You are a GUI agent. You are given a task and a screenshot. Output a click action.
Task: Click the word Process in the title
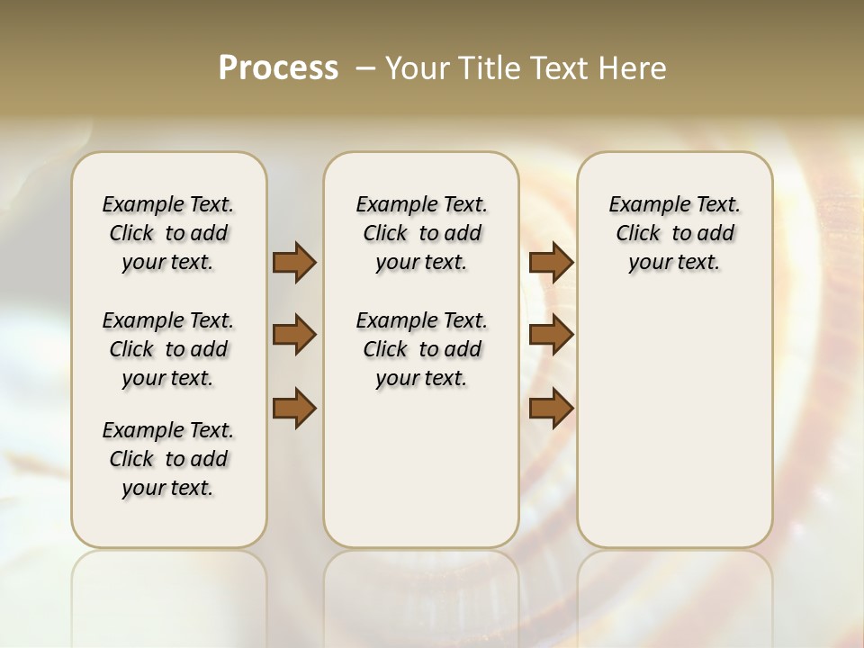(278, 68)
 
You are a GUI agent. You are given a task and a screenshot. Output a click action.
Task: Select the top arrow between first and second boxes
(294, 262)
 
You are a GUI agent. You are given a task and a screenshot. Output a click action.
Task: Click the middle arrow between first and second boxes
(294, 335)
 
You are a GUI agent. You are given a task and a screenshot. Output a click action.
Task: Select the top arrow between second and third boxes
(551, 262)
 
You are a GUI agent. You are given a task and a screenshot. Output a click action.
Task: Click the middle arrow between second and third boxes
(551, 335)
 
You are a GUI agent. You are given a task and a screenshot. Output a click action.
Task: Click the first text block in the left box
(168, 233)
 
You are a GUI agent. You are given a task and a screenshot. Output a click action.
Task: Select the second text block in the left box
(168, 349)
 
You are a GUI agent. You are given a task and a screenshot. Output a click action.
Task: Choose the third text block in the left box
(168, 459)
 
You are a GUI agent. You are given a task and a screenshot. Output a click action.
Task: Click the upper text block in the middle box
(421, 233)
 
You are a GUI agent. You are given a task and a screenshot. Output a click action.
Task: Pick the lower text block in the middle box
(421, 349)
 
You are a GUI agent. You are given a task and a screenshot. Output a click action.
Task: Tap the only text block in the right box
(674, 233)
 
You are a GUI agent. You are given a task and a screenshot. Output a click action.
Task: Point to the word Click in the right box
(638, 234)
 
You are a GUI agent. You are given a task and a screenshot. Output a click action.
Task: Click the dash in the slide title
(365, 68)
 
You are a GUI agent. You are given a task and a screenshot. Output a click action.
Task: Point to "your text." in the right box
(674, 263)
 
